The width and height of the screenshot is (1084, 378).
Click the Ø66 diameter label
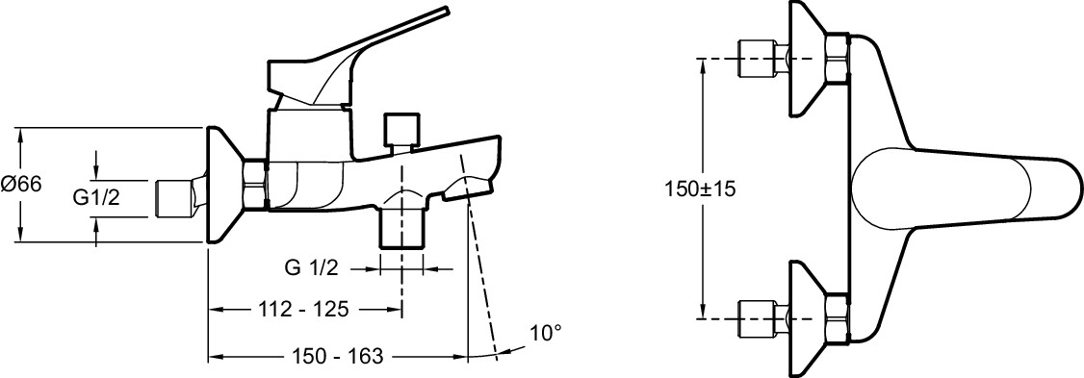(22, 185)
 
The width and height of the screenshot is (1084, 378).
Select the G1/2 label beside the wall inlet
(97, 198)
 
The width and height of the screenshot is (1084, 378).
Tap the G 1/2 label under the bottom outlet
(312, 268)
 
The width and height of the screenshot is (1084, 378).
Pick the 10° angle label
(546, 333)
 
